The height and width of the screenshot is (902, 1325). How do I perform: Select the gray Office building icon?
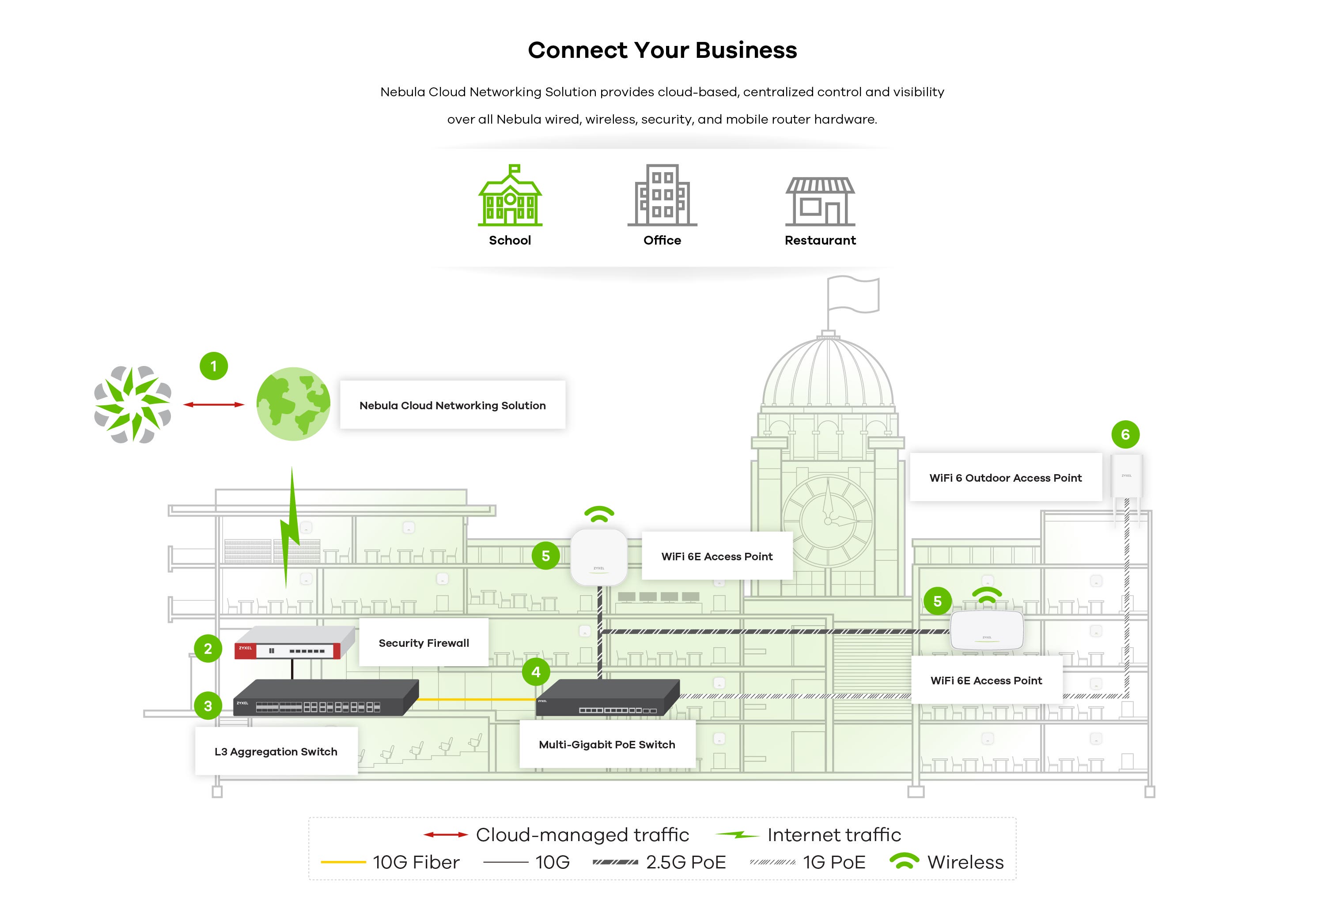click(x=662, y=196)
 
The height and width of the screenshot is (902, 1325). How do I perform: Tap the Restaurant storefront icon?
click(x=820, y=201)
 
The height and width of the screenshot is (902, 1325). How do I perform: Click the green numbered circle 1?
click(x=214, y=366)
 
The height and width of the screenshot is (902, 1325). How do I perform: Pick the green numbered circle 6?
click(x=1125, y=435)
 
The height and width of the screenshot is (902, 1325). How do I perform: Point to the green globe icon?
click(x=293, y=404)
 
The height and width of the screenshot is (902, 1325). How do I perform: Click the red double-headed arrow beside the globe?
click(x=214, y=404)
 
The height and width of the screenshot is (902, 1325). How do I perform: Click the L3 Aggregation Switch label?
click(x=276, y=751)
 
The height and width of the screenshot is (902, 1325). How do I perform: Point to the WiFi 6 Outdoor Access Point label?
click(x=1006, y=478)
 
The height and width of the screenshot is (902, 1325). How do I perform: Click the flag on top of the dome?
click(x=853, y=294)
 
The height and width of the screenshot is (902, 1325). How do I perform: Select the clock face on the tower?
click(x=828, y=520)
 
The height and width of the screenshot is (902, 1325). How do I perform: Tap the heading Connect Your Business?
click(x=662, y=50)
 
